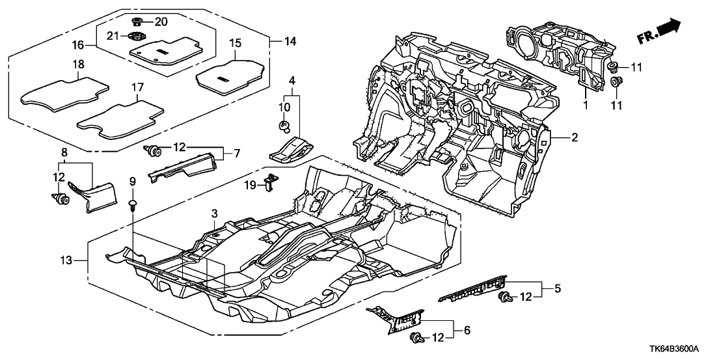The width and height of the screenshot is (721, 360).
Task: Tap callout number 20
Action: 160,21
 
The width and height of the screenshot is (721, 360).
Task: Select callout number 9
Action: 132,180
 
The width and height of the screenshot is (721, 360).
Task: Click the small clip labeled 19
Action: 268,184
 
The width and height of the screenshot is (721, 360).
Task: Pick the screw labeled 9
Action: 133,206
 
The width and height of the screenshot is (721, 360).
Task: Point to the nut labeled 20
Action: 137,21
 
